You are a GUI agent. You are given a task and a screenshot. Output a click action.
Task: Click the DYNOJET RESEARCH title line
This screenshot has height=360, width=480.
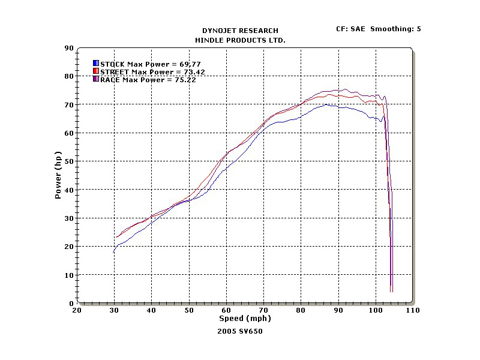point(240,31)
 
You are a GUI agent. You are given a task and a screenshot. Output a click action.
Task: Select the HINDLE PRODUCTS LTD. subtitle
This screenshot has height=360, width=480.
point(240,40)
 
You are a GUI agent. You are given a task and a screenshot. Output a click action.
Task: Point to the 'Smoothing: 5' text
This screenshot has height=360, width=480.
point(395,28)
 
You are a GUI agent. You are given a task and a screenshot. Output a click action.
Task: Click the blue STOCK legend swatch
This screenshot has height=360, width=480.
point(96,63)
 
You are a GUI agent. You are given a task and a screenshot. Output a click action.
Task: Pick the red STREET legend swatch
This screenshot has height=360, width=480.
point(96,71)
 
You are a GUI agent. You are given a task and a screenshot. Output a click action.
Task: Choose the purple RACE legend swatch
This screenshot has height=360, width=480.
point(96,79)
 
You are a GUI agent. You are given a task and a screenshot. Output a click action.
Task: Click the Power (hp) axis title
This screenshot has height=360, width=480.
point(58,175)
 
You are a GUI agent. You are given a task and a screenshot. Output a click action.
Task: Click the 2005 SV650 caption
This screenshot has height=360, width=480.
point(240,331)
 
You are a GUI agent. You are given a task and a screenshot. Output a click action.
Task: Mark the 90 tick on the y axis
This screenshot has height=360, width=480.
point(69,48)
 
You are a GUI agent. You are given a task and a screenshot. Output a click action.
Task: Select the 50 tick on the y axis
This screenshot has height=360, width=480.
point(69,161)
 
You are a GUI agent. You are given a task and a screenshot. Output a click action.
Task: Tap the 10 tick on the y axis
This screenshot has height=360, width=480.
point(69,275)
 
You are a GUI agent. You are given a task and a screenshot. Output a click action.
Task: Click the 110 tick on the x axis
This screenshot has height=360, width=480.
point(413,310)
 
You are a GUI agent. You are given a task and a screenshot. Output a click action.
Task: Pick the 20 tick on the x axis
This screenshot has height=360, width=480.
point(77,310)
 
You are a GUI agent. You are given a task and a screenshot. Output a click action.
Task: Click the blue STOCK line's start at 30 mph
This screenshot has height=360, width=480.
point(114,252)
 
